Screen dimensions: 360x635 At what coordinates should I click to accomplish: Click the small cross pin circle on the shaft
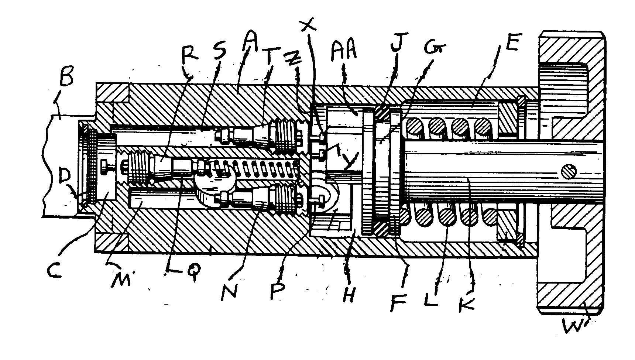click(569, 172)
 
